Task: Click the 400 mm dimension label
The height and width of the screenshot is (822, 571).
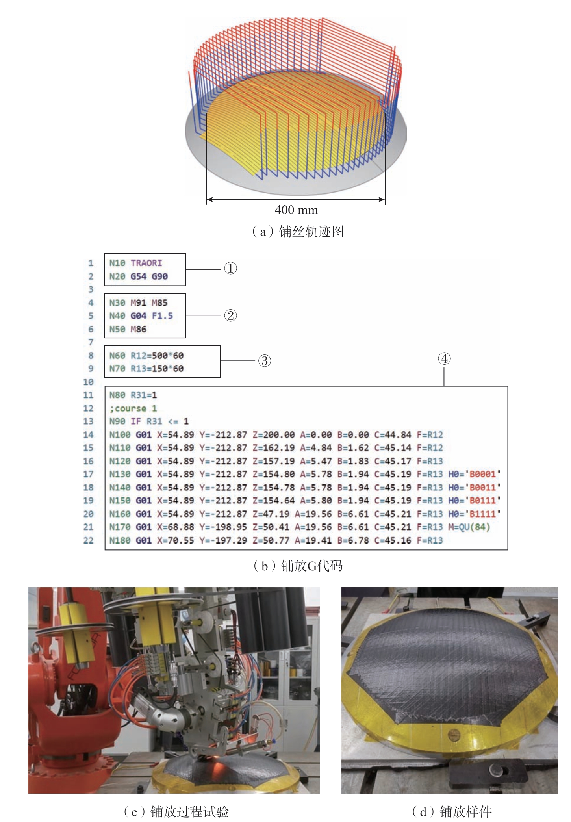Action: (x=296, y=210)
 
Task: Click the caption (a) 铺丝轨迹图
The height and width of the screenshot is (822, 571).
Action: (x=297, y=231)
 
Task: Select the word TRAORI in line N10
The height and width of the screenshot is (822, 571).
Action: (x=146, y=263)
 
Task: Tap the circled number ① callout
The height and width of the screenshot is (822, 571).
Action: (x=230, y=269)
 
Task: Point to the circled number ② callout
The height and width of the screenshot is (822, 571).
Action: (x=230, y=315)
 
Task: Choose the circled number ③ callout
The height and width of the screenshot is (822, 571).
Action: (x=265, y=360)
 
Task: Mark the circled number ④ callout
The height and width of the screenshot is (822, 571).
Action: (x=444, y=358)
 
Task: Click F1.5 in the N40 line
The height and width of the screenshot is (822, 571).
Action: (x=162, y=316)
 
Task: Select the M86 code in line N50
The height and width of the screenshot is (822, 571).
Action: (x=139, y=329)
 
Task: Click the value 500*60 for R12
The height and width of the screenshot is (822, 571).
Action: (x=168, y=356)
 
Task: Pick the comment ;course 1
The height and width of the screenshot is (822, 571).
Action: (x=133, y=408)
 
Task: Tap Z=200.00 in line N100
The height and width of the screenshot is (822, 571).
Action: (x=273, y=435)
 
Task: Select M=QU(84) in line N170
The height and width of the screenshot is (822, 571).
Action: (x=469, y=527)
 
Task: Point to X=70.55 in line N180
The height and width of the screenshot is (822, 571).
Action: (x=176, y=540)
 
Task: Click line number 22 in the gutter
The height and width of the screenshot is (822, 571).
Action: (x=89, y=540)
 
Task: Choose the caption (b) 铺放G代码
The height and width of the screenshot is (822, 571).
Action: (x=297, y=566)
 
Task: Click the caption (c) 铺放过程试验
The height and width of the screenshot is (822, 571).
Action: (x=176, y=811)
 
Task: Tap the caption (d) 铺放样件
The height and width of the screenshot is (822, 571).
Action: (x=452, y=811)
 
